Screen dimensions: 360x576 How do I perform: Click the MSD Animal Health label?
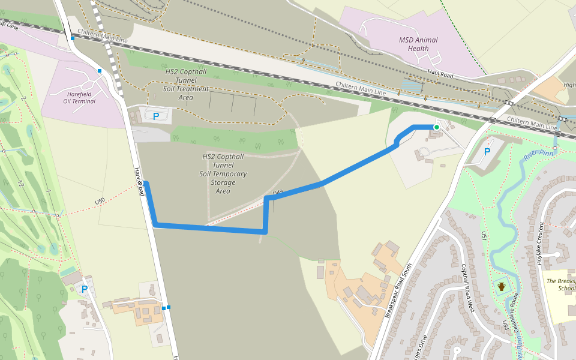click(418, 44)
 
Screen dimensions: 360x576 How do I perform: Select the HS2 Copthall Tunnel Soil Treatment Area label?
click(187, 84)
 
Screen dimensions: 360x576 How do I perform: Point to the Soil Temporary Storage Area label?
click(224, 173)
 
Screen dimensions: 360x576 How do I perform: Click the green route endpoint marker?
click(437, 127)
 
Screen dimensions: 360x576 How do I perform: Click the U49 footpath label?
click(277, 193)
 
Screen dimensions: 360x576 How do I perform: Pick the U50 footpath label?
click(100, 200)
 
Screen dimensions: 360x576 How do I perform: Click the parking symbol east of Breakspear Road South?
click(487, 152)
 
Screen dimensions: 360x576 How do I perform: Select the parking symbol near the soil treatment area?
click(157, 116)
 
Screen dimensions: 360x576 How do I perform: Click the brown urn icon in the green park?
click(501, 286)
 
